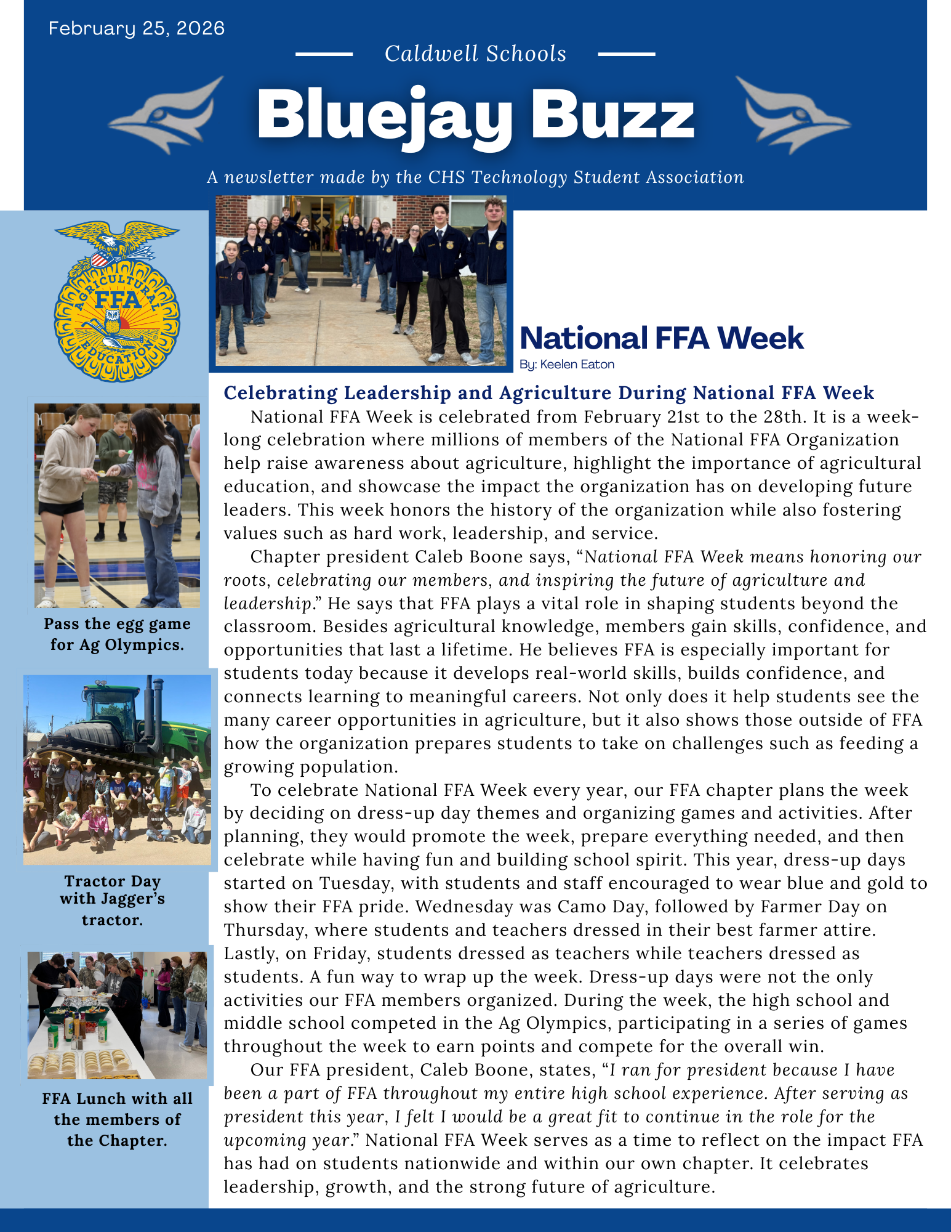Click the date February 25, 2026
(x=137, y=28)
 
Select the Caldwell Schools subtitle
(x=475, y=54)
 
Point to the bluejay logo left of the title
(x=167, y=115)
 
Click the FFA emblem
(x=117, y=302)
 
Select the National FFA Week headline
(x=662, y=338)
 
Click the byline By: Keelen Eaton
(x=567, y=364)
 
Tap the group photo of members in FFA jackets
(x=361, y=281)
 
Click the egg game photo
(x=117, y=505)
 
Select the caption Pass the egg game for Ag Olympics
(x=117, y=634)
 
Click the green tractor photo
(x=117, y=769)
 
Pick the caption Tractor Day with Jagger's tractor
(x=113, y=900)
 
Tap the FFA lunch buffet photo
(x=117, y=1015)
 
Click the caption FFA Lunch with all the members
(x=117, y=1119)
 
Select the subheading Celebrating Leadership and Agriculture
(x=548, y=392)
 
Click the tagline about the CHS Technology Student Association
(x=475, y=177)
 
